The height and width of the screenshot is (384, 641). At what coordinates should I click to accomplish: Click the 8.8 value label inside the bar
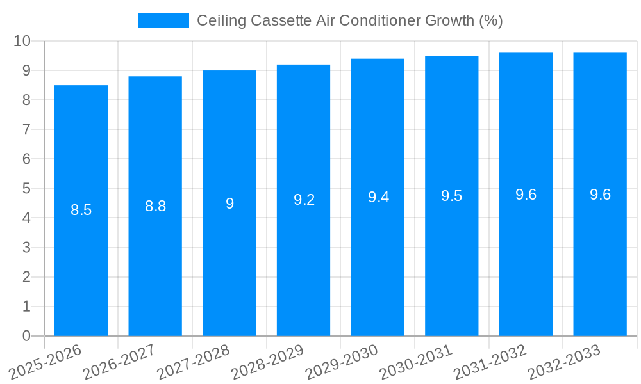click(x=155, y=206)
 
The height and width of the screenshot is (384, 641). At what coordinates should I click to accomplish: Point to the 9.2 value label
click(x=304, y=200)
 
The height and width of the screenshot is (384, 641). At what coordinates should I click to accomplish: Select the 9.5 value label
click(x=451, y=196)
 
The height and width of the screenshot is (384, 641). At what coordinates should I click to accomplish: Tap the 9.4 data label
click(x=378, y=197)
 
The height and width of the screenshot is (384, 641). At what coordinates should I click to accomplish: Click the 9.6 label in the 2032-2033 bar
click(x=600, y=195)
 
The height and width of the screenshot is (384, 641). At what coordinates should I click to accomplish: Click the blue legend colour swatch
click(x=163, y=20)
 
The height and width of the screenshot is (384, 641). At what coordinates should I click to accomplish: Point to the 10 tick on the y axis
click(x=22, y=41)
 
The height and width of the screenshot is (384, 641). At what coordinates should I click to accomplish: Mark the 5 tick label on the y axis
click(x=27, y=189)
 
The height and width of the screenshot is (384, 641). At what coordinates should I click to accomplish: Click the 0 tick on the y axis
click(x=27, y=336)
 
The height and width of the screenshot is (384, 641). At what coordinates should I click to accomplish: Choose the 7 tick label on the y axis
click(x=27, y=129)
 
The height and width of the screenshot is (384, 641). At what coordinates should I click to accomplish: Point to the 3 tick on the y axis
click(x=27, y=248)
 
